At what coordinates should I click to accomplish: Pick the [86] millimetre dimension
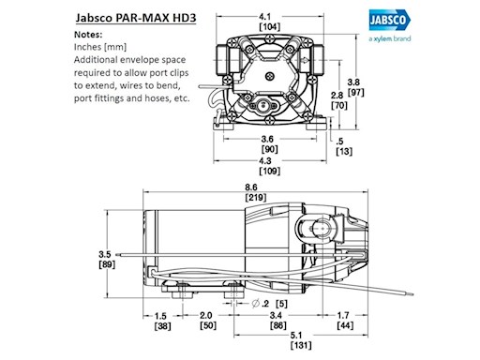[x=279, y=327]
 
